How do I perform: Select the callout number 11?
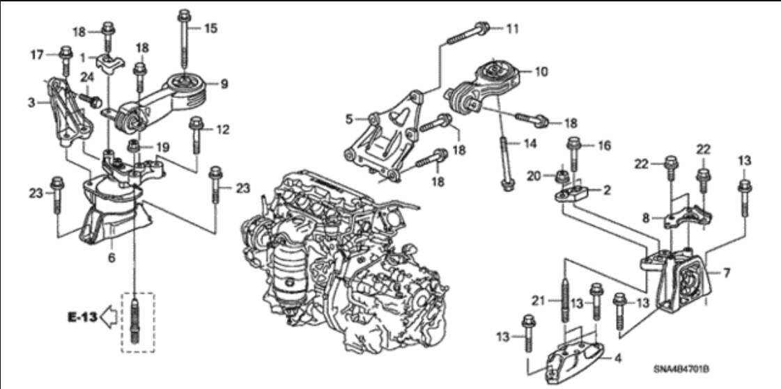(x=512, y=29)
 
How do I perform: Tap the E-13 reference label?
(x=81, y=317)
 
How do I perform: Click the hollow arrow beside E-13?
(x=108, y=317)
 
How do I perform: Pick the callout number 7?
(x=726, y=273)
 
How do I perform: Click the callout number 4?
(x=617, y=360)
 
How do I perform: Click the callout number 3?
(x=31, y=103)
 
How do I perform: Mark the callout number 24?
(x=86, y=77)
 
